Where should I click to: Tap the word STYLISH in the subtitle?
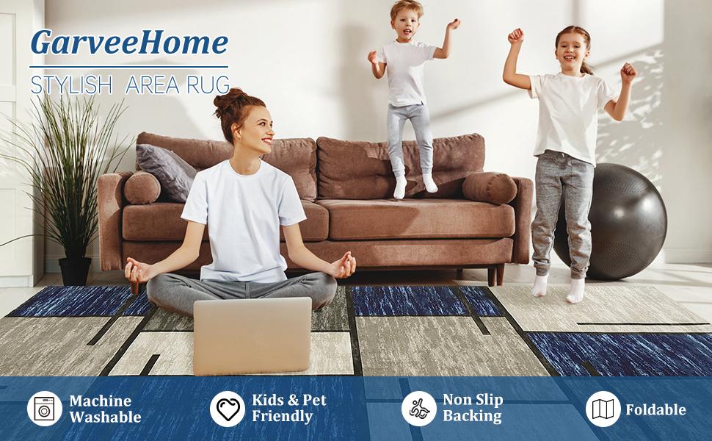coord(72,84)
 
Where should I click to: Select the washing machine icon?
coord(45,409)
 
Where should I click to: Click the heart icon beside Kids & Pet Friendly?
coord(227,409)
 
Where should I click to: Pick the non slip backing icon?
coord(418,409)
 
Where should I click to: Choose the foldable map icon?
coord(603,409)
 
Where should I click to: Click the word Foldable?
coord(655,409)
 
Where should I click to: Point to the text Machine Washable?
coord(104,409)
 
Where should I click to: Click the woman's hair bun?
coord(229,100)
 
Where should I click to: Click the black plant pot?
coord(75,270)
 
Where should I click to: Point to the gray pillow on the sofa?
coord(165,171)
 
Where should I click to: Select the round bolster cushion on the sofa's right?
coord(490,188)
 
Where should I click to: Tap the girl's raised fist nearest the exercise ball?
coord(628,72)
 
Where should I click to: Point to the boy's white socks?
coord(414,184)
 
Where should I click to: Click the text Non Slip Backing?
coord(472,409)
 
